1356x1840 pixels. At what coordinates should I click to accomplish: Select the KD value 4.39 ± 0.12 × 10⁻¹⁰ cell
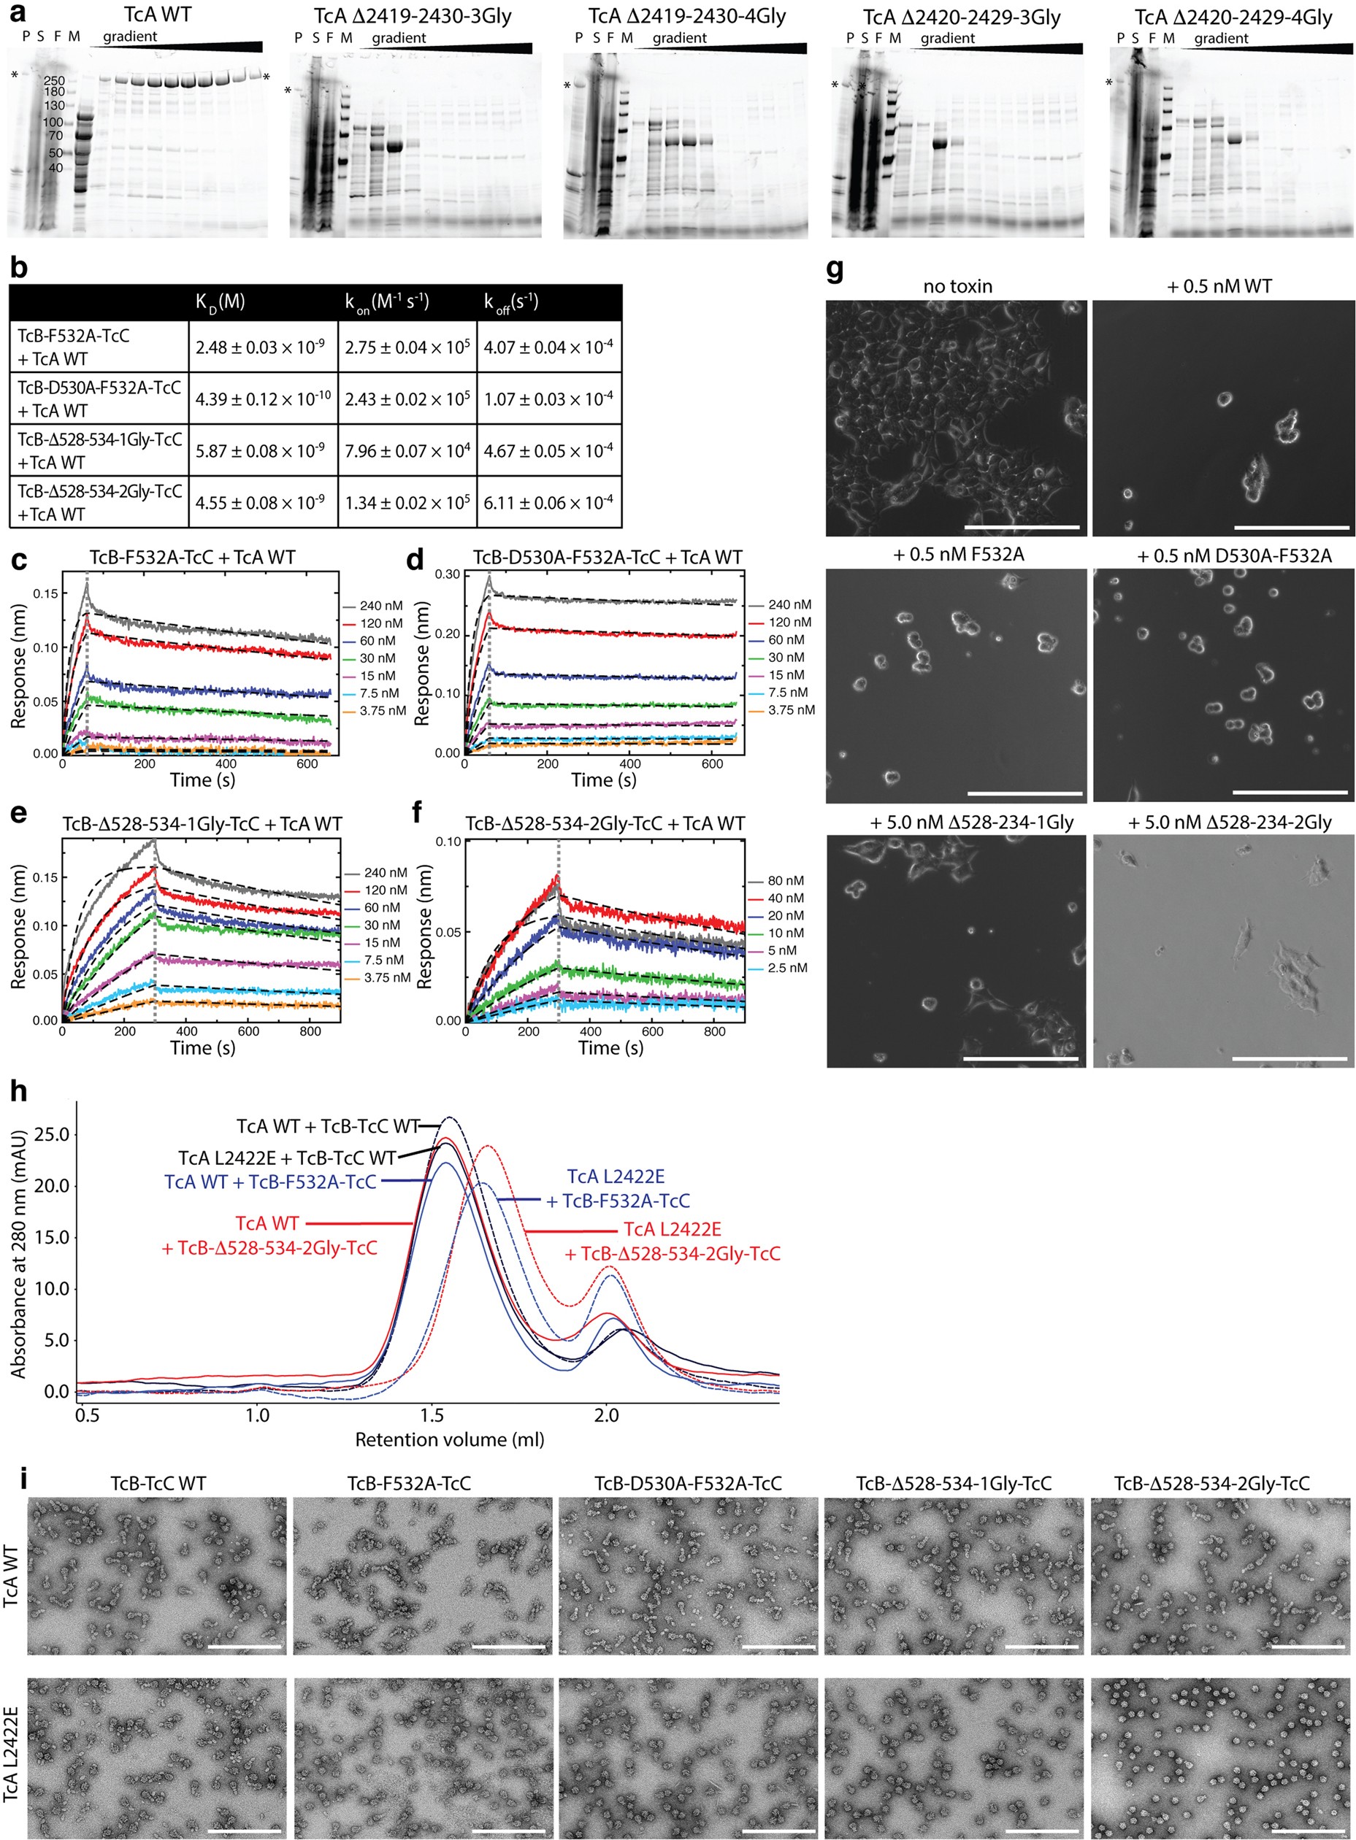click(x=263, y=399)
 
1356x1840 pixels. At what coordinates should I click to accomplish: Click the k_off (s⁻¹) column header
click(x=510, y=303)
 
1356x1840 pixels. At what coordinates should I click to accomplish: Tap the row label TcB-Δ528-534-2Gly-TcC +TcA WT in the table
click(x=99, y=502)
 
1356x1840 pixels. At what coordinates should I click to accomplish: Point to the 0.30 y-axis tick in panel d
click(x=448, y=574)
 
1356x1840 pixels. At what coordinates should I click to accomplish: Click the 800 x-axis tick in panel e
click(x=310, y=1031)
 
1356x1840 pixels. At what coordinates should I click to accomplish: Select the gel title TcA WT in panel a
click(x=158, y=15)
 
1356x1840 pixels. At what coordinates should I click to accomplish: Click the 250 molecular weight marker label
click(x=54, y=80)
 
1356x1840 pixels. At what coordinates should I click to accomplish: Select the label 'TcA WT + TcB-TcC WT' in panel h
click(x=328, y=1125)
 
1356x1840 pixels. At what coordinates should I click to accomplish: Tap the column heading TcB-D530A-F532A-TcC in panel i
click(x=688, y=1483)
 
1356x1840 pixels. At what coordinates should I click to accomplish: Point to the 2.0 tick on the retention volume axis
click(x=607, y=1415)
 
